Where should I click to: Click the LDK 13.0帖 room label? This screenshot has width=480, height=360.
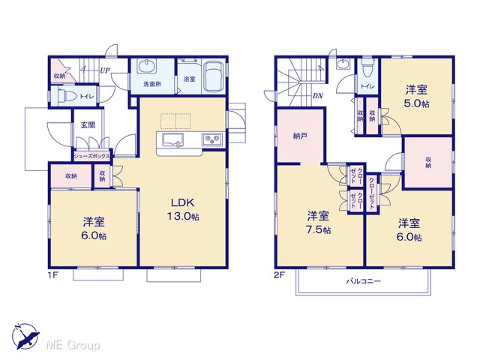183,209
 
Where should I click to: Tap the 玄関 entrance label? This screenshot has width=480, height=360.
88,125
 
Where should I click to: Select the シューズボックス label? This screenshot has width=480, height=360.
91,157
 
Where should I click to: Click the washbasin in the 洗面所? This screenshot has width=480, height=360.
147,67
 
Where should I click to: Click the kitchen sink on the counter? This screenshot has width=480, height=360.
172,140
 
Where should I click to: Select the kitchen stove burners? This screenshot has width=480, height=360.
212,139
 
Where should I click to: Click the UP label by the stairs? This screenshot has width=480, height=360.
105,70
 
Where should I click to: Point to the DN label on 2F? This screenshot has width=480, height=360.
318,96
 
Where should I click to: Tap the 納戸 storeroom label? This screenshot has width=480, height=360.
300,136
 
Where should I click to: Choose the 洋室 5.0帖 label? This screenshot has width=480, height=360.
417,97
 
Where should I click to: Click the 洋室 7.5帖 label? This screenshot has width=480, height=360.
318,223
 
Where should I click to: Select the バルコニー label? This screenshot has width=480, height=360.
363,281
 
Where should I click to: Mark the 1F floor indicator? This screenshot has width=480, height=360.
52,274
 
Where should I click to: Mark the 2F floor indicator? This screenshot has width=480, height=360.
279,275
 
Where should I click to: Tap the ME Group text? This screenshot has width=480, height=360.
73,345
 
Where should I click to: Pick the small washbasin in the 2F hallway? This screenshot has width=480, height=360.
342,64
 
